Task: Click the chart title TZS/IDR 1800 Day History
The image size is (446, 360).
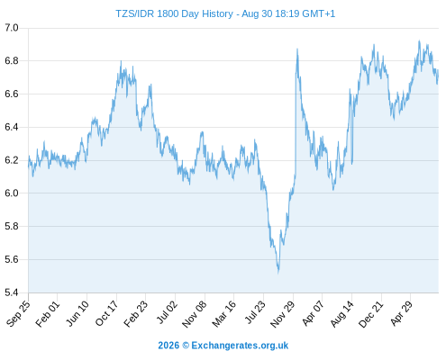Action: (x=174, y=13)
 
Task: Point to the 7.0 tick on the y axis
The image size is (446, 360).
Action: (x=12, y=28)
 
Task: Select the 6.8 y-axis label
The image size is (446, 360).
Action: (x=12, y=61)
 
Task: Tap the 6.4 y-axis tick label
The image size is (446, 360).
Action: (x=12, y=127)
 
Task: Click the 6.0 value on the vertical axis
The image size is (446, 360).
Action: (x=12, y=193)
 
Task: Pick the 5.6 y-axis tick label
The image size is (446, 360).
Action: (x=12, y=259)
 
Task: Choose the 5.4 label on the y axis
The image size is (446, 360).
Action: (x=12, y=292)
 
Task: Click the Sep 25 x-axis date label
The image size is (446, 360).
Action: (x=19, y=313)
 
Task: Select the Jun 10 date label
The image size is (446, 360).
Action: (x=77, y=313)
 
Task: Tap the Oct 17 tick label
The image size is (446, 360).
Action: (x=107, y=313)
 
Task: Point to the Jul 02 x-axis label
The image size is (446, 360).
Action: (x=166, y=313)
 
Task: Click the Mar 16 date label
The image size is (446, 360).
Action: (x=224, y=313)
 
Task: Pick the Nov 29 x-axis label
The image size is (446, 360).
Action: (x=283, y=313)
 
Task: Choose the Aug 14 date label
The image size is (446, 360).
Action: (x=341, y=313)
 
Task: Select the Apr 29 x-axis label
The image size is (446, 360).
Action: (x=401, y=313)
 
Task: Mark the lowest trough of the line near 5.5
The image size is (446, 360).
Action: (x=278, y=273)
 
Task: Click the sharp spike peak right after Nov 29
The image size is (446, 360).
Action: (x=297, y=49)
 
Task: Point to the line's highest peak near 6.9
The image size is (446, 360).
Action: (x=419, y=40)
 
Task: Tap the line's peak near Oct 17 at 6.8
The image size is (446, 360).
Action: (x=121, y=61)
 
